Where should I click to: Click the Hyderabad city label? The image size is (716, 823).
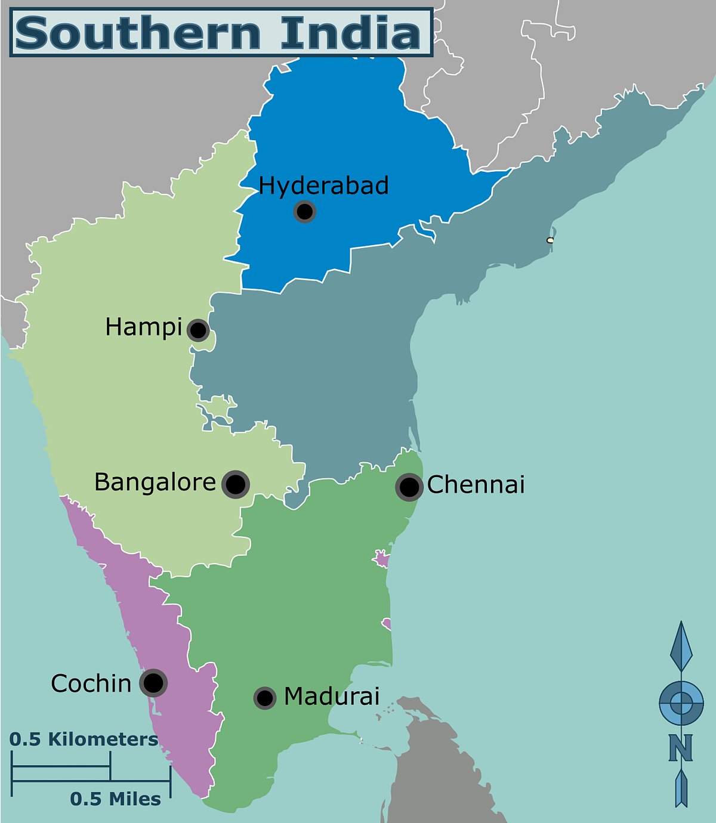pyautogui.click(x=323, y=185)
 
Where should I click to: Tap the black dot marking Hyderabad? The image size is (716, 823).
pyautogui.click(x=305, y=211)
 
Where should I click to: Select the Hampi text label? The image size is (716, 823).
pyautogui.click(x=143, y=327)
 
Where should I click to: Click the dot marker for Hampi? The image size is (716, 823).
pyautogui.click(x=198, y=330)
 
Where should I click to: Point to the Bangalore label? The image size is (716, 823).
pyautogui.click(x=155, y=482)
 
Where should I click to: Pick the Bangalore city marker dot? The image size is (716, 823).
pyautogui.click(x=236, y=484)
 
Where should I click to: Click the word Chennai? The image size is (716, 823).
pyautogui.click(x=476, y=485)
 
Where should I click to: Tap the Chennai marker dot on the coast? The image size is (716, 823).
pyautogui.click(x=409, y=487)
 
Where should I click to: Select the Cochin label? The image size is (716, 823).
pyautogui.click(x=91, y=683)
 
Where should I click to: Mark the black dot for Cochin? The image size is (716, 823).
pyautogui.click(x=153, y=683)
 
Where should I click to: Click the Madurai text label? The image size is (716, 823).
pyautogui.click(x=332, y=697)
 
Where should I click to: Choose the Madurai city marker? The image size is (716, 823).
pyautogui.click(x=264, y=698)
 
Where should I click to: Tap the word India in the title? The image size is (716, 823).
pyautogui.click(x=351, y=33)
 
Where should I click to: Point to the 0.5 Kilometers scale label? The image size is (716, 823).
pyautogui.click(x=84, y=740)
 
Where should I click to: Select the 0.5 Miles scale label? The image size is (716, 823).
pyautogui.click(x=115, y=799)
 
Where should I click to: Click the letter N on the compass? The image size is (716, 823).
pyautogui.click(x=680, y=747)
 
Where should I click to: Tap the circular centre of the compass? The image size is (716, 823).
pyautogui.click(x=681, y=703)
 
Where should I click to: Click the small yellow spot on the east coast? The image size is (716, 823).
pyautogui.click(x=550, y=240)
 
